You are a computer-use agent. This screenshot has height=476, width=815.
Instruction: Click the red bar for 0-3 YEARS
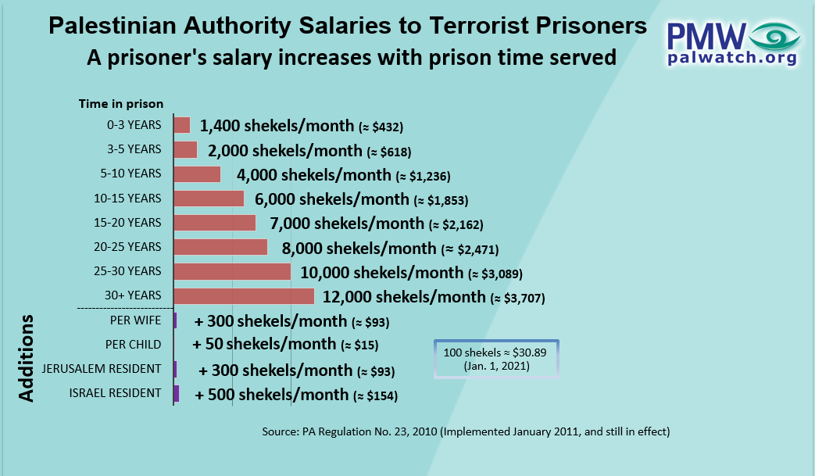(181, 125)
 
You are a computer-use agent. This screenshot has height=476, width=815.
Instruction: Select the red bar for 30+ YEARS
(244, 296)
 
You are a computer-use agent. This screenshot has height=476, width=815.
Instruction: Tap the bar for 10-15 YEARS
(209, 199)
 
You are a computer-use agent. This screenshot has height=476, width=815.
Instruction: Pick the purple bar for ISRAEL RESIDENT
(177, 393)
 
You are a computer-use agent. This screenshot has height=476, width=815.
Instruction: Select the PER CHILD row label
(133, 344)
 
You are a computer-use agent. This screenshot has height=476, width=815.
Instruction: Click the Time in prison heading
(121, 103)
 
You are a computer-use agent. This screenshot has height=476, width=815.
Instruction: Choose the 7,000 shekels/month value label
(348, 224)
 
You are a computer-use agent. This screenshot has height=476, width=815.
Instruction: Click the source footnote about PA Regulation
(466, 431)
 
